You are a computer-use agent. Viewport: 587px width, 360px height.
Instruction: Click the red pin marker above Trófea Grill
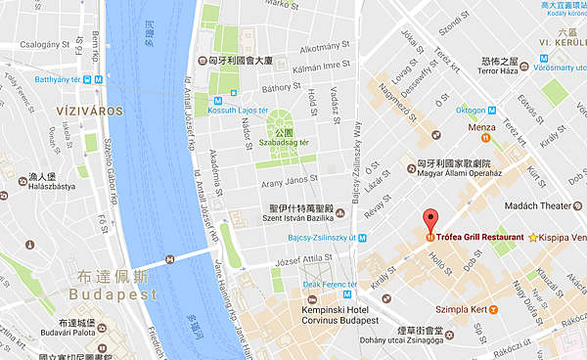pyautogui.click(x=429, y=218)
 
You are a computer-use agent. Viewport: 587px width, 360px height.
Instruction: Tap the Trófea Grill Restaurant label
pyautogui.click(x=482, y=237)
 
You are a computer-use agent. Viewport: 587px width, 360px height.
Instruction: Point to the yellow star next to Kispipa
pyautogui.click(x=533, y=238)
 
